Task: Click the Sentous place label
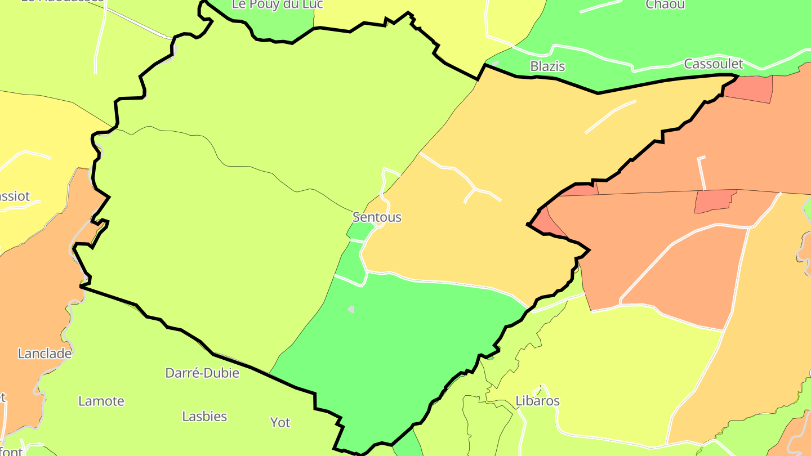pos(377,217)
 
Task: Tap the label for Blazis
pos(547,66)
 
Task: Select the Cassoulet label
pos(714,64)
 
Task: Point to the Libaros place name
pos(538,401)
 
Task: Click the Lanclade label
pos(45,354)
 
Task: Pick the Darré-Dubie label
pos(202,373)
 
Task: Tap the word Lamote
pos(101,401)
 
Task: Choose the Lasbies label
pos(204,417)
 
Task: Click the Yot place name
pos(280,422)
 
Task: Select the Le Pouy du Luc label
pos(278,5)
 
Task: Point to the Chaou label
pos(665,5)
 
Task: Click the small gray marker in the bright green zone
pos(351,309)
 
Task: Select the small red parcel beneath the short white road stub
pos(714,201)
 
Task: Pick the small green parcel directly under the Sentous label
pos(360,230)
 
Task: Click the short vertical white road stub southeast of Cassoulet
pos(702,172)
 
